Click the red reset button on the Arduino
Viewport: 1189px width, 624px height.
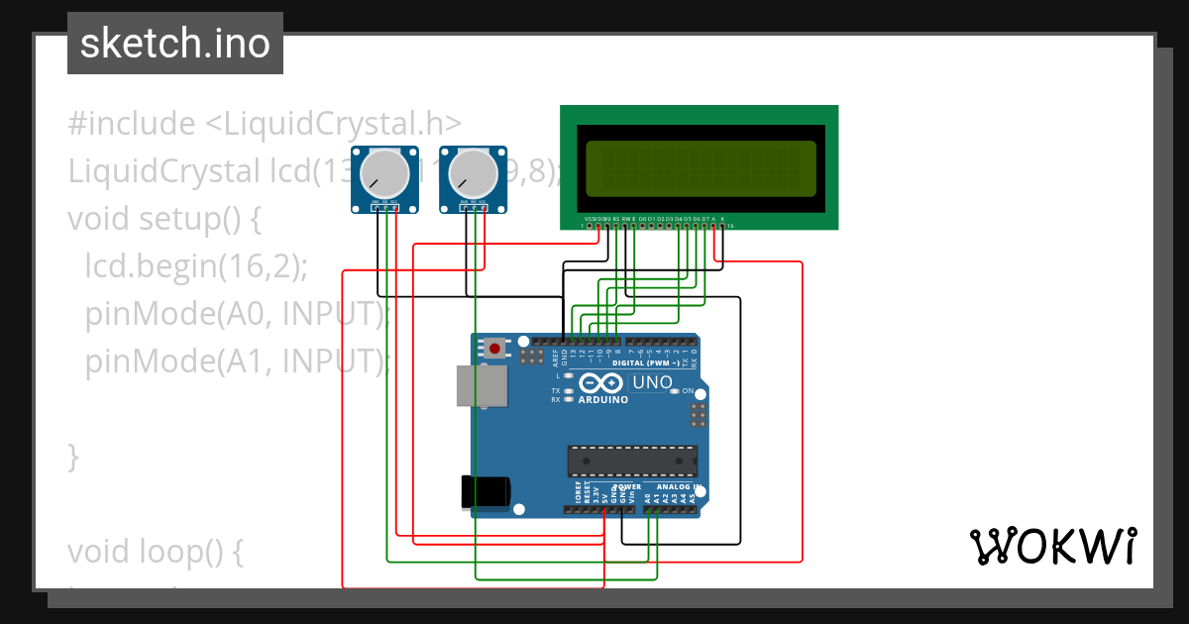pos(493,348)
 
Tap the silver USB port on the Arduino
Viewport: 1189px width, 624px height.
pos(478,384)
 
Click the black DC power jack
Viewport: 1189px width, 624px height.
pos(486,491)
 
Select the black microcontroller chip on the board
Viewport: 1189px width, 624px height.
pos(631,461)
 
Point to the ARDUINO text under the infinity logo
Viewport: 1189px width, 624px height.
pos(601,400)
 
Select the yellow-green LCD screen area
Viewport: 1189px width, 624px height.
pos(700,168)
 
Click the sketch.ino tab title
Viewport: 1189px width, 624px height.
pos(174,44)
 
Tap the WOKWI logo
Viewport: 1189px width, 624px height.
pos(1052,546)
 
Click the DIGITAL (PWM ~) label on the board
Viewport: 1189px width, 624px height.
pos(645,364)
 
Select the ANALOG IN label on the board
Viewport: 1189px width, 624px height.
pos(679,486)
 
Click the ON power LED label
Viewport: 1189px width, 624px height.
pos(688,391)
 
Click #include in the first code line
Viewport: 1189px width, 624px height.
pos(132,124)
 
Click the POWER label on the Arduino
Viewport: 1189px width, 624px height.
pos(627,486)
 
